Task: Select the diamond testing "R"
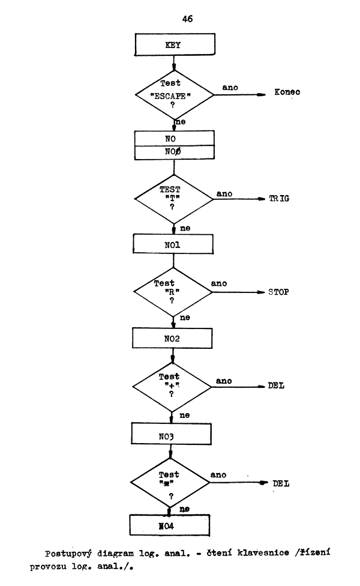173,292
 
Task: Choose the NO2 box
173,338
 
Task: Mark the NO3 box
173,432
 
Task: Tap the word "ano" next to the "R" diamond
219,282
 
